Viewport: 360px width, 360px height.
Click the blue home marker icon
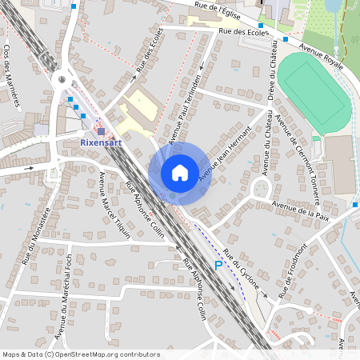pos(180,173)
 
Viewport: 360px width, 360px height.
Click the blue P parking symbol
pos(217,266)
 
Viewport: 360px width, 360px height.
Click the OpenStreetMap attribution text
pos(80,354)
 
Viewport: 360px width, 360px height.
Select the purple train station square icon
pos(101,131)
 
